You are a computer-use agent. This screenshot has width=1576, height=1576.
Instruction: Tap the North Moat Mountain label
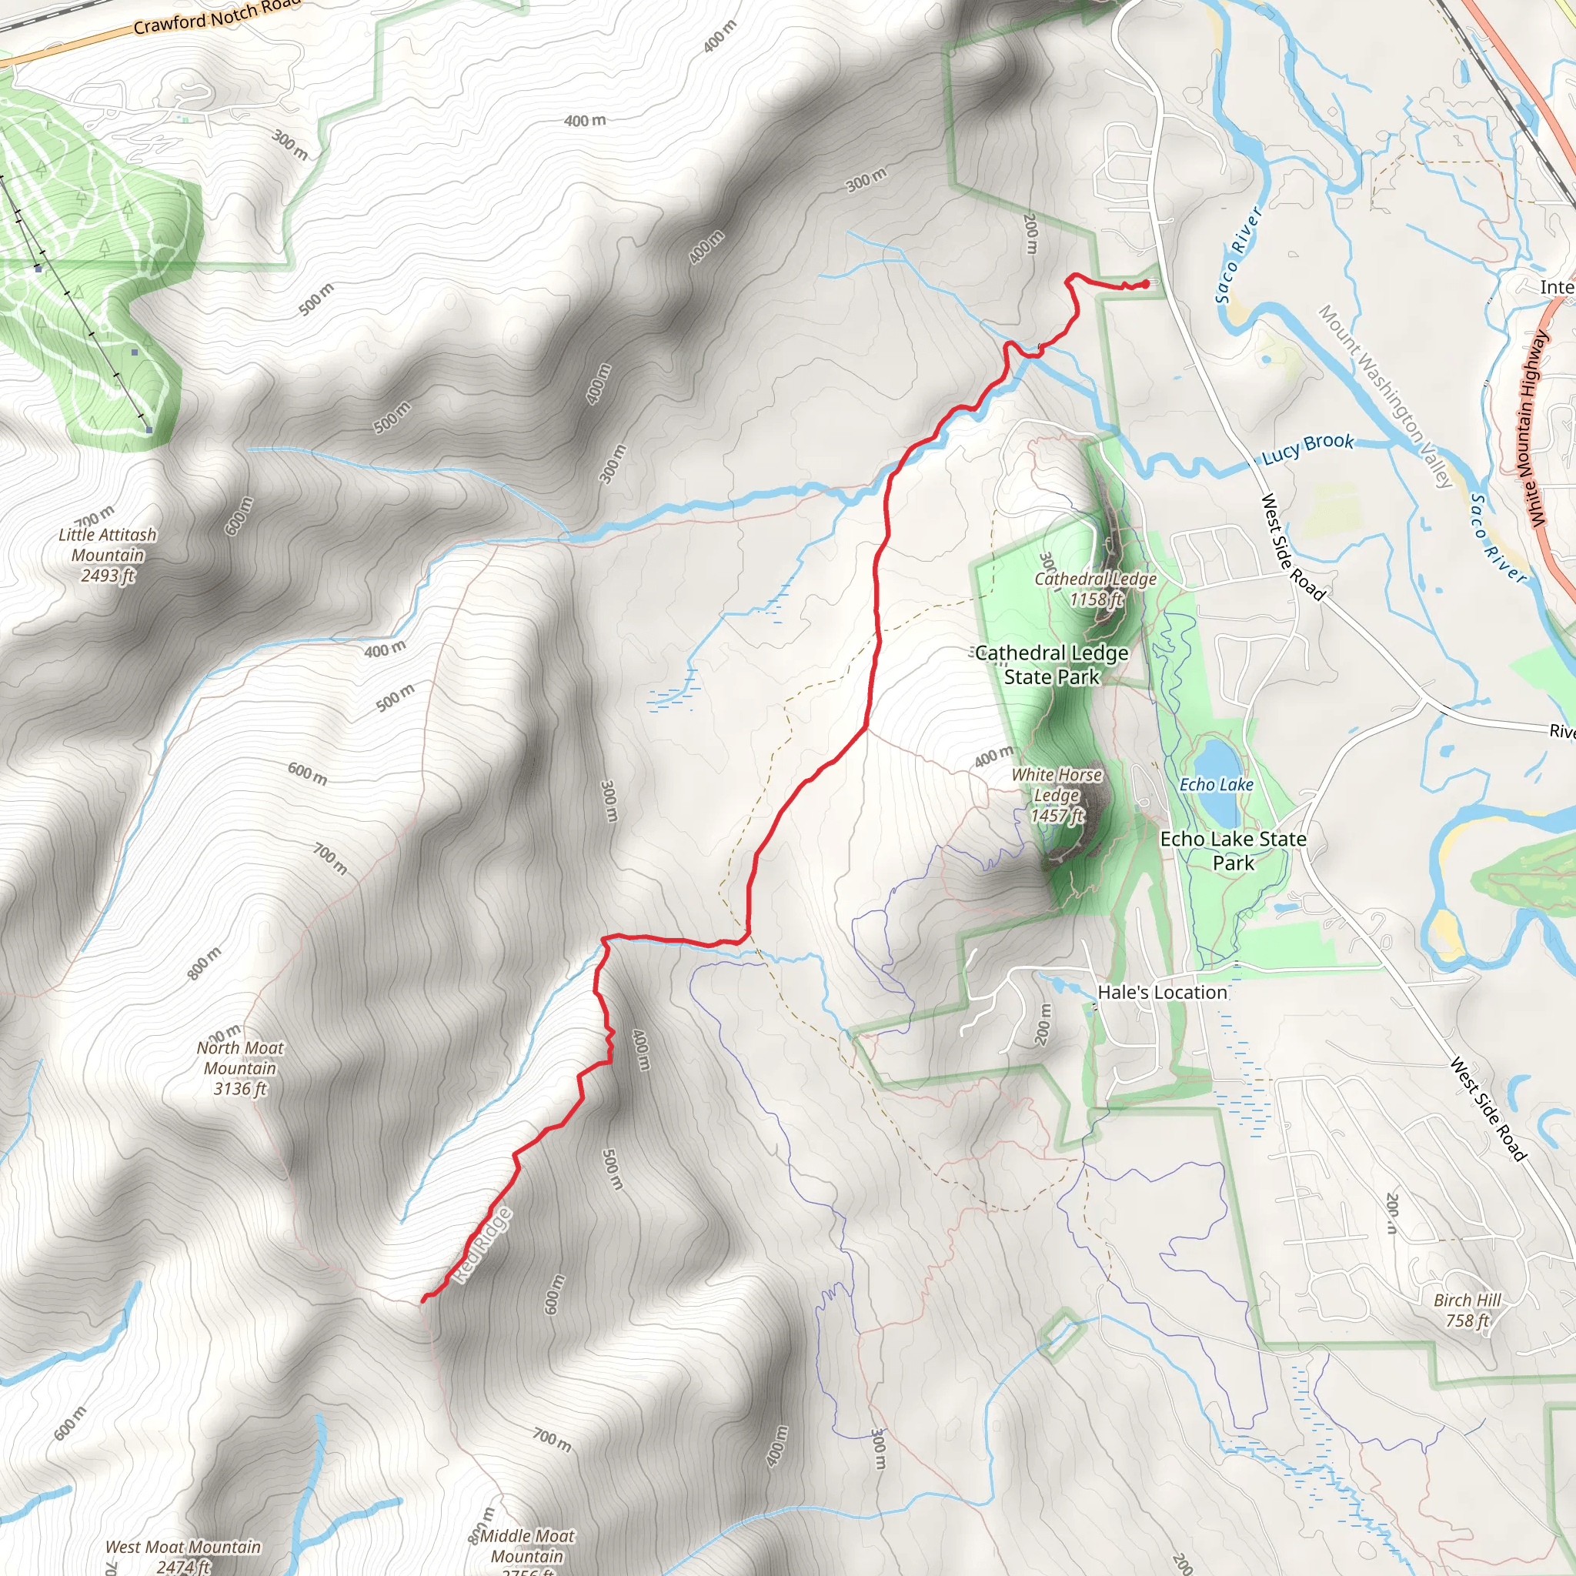[x=240, y=1068]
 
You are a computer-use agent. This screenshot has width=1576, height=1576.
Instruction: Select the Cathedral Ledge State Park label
[x=1051, y=665]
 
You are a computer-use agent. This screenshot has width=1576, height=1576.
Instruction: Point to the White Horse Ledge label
[x=1057, y=794]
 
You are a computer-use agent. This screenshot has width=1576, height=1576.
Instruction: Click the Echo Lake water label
[x=1217, y=784]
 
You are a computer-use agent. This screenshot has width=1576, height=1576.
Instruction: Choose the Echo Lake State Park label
[x=1233, y=850]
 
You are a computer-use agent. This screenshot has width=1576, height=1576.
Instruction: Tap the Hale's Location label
[x=1161, y=992]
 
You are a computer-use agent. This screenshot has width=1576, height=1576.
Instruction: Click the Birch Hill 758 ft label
[x=1467, y=1310]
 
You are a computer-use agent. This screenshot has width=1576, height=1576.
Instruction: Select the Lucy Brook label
[x=1307, y=447]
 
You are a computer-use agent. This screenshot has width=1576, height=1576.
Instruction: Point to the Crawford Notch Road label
[x=216, y=16]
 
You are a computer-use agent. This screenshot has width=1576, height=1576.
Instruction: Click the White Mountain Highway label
[x=1527, y=429]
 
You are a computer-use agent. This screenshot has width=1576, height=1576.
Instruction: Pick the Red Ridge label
[x=482, y=1245]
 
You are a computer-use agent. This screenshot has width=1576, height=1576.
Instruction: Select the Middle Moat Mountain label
[x=527, y=1546]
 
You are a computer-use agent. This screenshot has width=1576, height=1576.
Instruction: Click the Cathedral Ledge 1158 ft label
[x=1096, y=589]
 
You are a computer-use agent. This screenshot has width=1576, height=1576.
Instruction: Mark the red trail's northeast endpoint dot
[x=1146, y=283]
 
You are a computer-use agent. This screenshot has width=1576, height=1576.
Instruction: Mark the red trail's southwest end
[x=422, y=1300]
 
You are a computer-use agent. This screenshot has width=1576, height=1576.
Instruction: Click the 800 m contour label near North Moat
[x=204, y=963]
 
